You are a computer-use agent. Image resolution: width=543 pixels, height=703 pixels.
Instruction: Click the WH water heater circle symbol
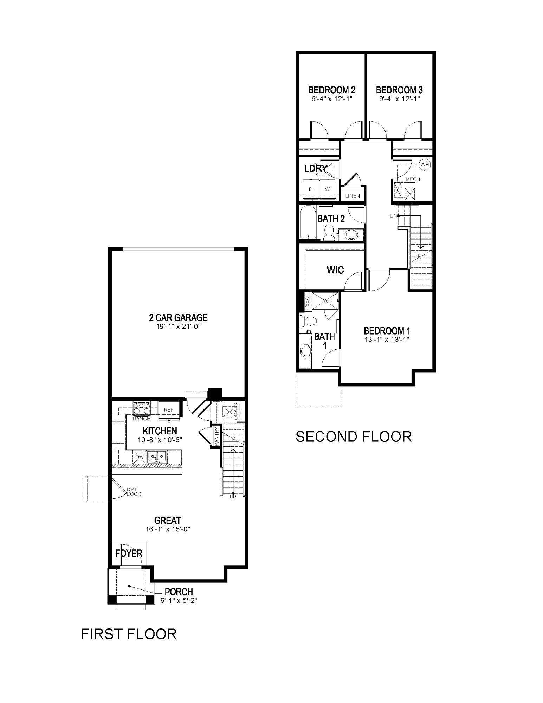[x=425, y=164]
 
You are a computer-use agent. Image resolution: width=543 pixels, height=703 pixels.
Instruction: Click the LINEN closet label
[x=353, y=196]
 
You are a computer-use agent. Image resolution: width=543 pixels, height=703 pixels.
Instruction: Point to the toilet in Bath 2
[x=329, y=233]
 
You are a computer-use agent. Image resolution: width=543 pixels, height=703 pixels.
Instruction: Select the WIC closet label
[x=335, y=270]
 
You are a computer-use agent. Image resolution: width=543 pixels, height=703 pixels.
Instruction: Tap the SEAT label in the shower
[x=306, y=300]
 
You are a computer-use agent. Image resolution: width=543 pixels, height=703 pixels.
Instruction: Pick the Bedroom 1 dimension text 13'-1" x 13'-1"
[x=387, y=340]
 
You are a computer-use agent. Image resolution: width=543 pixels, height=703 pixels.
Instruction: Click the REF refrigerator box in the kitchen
[x=169, y=410]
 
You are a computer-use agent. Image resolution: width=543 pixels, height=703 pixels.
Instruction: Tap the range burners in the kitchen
[x=142, y=409]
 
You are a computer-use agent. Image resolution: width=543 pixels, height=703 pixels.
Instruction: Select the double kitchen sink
[x=157, y=457]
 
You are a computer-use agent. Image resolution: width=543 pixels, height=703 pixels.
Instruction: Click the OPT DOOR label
[x=134, y=491]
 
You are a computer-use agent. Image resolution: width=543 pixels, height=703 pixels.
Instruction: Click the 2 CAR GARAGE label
[x=178, y=318]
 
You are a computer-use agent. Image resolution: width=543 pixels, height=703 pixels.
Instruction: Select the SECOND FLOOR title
[x=353, y=437]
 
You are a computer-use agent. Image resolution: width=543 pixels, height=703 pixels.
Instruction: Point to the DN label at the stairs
[x=393, y=215]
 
